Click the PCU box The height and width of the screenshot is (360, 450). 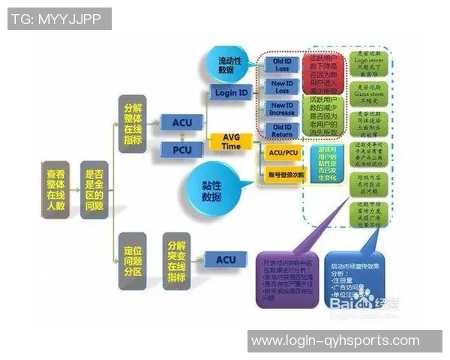point(181,151)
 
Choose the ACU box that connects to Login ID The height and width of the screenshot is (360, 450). point(181,122)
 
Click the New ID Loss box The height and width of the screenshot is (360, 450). point(282,86)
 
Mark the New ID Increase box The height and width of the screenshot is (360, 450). point(282,109)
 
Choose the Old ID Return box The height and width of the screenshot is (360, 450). point(282,130)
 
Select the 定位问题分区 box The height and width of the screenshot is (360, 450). point(133,260)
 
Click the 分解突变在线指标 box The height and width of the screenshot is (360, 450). point(175,260)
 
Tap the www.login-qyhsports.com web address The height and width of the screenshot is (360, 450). point(335,340)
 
